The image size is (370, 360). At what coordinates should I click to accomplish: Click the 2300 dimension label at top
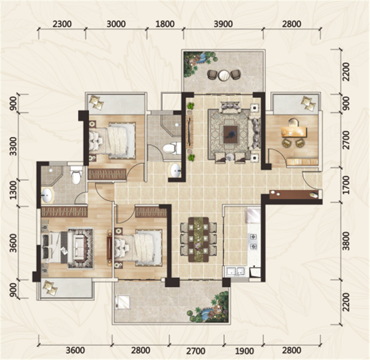pos(62,24)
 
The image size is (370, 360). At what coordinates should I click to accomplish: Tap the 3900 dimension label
pos(223,24)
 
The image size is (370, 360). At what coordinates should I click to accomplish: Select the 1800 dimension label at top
pos(165,24)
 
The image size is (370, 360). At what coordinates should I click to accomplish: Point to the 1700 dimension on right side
pos(346,185)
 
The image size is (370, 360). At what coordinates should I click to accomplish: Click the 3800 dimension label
pos(346,241)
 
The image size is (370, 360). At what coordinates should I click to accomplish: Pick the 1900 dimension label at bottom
pos(245,351)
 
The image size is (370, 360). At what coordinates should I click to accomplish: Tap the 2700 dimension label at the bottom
pos(196,351)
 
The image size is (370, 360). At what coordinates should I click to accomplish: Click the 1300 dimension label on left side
pos(14,190)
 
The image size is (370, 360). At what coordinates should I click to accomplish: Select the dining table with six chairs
pos(198,239)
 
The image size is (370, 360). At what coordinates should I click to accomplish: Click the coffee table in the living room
pos(231,134)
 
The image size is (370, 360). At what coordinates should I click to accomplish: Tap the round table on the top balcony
pos(224,75)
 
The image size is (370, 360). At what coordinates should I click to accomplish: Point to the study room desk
pos(294,132)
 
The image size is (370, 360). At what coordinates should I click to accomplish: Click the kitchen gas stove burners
pos(253,241)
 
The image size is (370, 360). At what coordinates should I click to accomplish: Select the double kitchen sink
pos(235,271)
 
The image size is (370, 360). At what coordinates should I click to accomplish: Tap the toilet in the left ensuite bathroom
pos(76,175)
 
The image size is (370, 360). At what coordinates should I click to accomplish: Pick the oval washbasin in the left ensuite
pos(48,195)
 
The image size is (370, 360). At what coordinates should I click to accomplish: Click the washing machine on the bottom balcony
pos(123,302)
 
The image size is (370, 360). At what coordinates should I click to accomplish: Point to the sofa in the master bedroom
pos(78,248)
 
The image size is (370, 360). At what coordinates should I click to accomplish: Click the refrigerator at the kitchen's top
pos(253,216)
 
